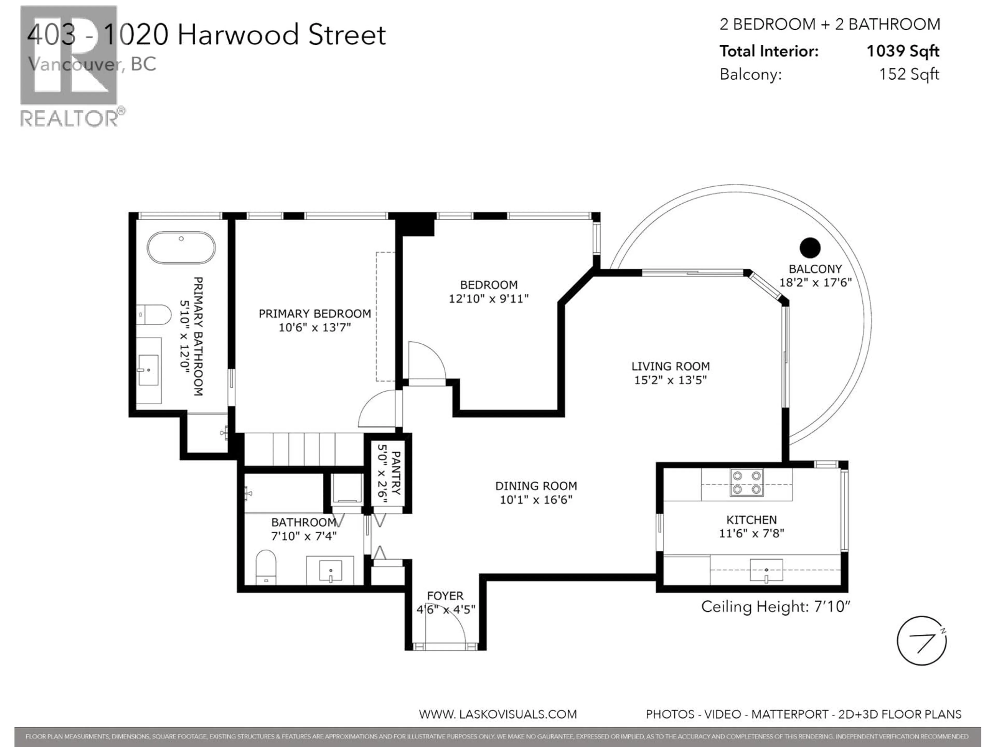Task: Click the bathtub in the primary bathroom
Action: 181,248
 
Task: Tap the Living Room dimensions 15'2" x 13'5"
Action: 670,380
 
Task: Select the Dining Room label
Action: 536,486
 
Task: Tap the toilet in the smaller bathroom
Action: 266,567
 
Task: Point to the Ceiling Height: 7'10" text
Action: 775,606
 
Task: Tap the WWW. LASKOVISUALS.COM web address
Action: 497,714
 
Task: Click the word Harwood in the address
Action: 238,35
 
